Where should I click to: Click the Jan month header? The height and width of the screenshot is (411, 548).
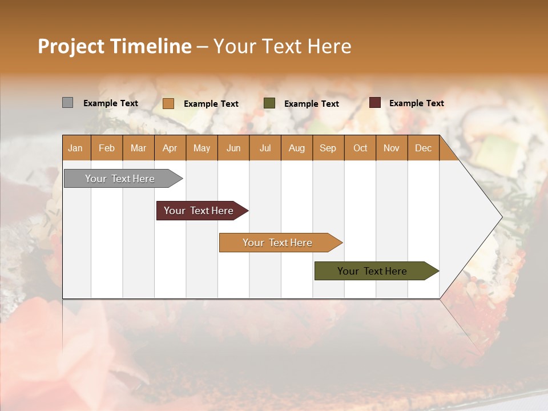[x=75, y=148]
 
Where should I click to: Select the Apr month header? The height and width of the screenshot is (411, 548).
[x=170, y=148]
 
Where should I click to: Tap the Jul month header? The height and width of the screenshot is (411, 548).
[x=265, y=148]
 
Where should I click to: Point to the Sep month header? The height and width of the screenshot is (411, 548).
[x=328, y=148]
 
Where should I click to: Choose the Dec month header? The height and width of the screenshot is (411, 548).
[x=423, y=148]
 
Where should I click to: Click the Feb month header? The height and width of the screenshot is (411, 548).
[x=107, y=148]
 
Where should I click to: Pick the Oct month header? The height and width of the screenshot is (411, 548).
[x=360, y=148]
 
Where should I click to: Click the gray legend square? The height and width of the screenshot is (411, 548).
[x=67, y=103]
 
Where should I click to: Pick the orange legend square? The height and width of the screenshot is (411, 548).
[x=168, y=103]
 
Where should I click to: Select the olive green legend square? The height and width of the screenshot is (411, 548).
[x=269, y=103]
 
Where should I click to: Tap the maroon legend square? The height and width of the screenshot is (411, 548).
[x=374, y=103]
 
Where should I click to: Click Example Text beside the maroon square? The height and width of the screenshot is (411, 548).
[x=416, y=103]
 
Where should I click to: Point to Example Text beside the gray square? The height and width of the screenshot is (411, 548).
[x=110, y=103]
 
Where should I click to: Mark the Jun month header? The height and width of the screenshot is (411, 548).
[x=233, y=148]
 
